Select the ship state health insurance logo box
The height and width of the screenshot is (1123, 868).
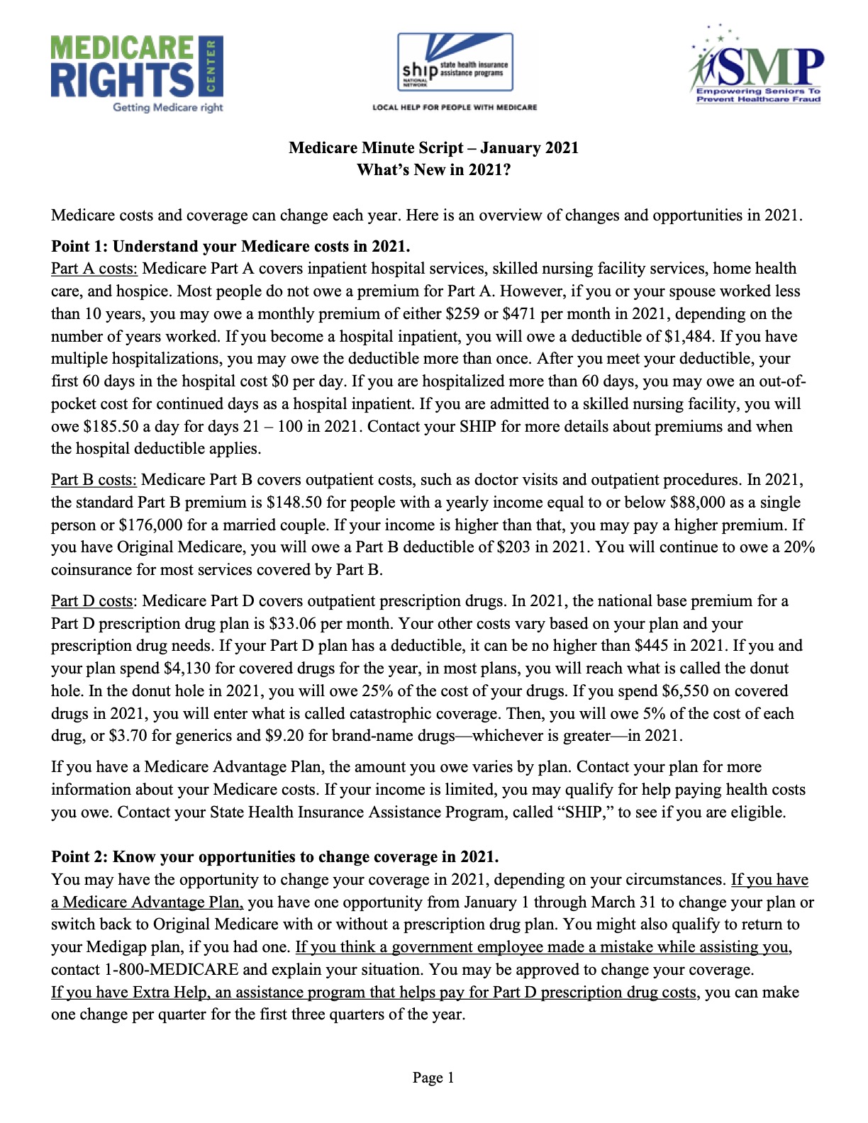point(455,62)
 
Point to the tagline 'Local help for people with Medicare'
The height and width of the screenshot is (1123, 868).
point(455,108)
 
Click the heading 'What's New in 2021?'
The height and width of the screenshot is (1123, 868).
point(433,170)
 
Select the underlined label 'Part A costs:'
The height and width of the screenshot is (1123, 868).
point(94,269)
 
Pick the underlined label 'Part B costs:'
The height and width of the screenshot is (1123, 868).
point(94,480)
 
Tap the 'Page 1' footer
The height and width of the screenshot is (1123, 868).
point(433,1078)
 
